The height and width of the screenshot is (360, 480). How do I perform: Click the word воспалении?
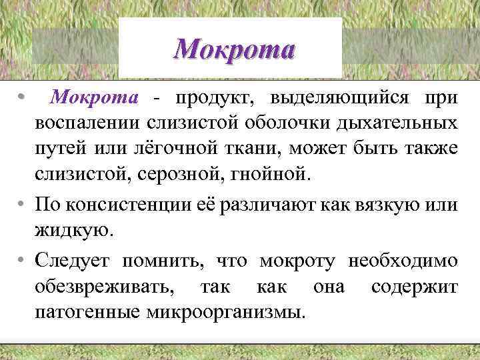[84, 124]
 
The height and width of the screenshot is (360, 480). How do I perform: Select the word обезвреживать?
[107, 286]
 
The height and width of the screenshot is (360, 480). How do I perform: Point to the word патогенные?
[86, 311]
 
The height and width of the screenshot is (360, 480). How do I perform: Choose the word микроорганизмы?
[225, 311]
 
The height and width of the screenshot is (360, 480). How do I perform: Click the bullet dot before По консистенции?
[23, 205]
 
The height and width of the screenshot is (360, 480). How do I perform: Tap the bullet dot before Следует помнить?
[23, 260]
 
